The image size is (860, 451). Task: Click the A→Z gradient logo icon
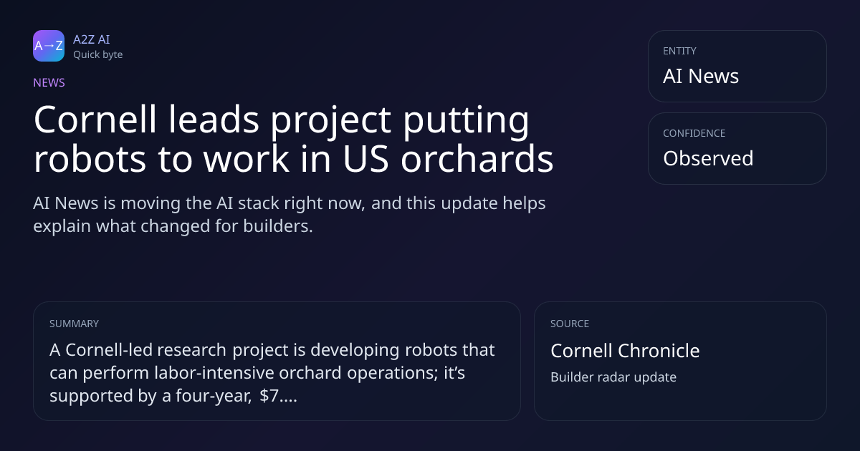coord(49,46)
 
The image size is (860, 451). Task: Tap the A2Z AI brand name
coord(92,39)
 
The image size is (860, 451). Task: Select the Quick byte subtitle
coord(98,55)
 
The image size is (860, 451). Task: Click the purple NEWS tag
coord(49,83)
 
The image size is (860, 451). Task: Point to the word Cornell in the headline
coord(95,120)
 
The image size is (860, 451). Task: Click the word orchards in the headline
coord(477,158)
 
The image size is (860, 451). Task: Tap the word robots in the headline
coord(90,159)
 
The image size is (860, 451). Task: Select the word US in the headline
coord(366,159)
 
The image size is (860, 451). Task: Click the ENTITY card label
coord(679,51)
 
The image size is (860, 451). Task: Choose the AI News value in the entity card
coord(701,76)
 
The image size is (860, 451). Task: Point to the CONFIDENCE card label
coord(694,133)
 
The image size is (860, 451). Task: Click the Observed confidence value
coord(708,158)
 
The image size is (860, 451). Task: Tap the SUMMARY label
coord(74,324)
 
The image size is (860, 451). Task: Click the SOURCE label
coord(570,324)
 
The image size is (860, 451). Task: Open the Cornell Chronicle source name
coord(625,351)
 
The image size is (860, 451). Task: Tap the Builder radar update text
coord(613,377)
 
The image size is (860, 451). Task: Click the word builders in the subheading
coord(278,226)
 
